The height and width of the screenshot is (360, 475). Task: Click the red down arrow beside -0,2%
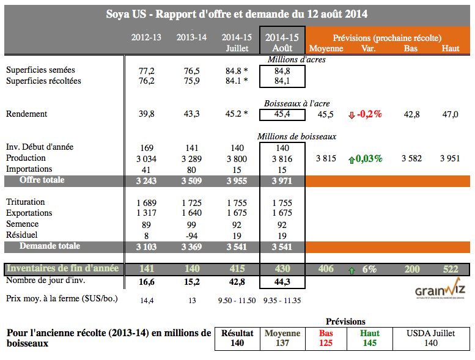pyautogui.click(x=351, y=114)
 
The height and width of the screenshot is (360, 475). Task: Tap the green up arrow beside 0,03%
pyautogui.click(x=352, y=159)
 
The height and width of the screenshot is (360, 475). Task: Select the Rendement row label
pyautogui.click(x=26, y=114)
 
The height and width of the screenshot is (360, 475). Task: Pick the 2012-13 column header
pyautogui.click(x=146, y=37)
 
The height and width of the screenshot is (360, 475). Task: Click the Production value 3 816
pyautogui.click(x=282, y=158)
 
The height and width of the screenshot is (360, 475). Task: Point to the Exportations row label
pyautogui.click(x=29, y=213)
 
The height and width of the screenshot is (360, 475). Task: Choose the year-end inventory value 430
pyautogui.click(x=282, y=269)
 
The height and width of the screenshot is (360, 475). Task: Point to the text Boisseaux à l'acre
pyautogui.click(x=295, y=103)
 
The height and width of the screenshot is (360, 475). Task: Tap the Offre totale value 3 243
pyautogui.click(x=146, y=181)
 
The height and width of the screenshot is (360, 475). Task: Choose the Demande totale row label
pyautogui.click(x=50, y=246)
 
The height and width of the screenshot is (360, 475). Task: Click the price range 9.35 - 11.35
pyautogui.click(x=282, y=300)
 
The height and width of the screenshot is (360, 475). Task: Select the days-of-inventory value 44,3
pyautogui.click(x=282, y=281)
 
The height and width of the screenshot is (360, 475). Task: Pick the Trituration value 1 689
pyautogui.click(x=146, y=202)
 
